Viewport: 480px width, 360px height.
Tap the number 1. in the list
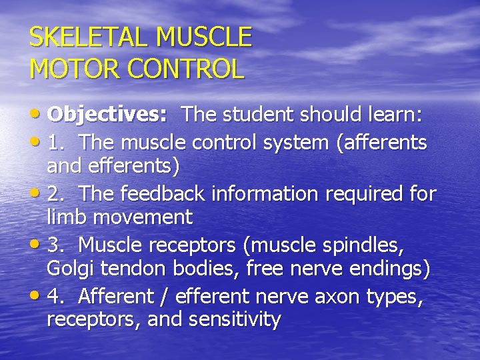click(57, 143)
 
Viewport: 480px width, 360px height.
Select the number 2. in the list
click(57, 194)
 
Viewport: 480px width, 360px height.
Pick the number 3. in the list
click(57, 246)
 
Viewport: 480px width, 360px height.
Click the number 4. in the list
click(57, 297)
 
